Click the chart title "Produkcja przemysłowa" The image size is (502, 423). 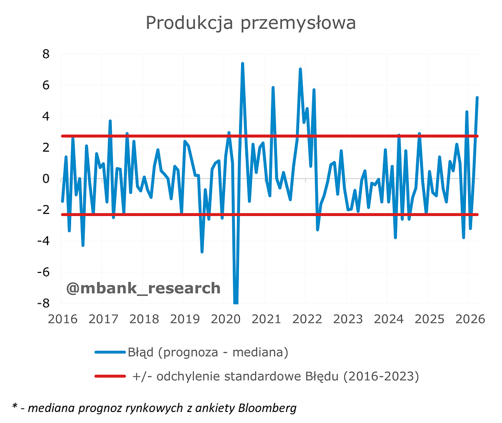[x=250, y=23]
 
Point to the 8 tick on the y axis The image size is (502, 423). [x=46, y=54]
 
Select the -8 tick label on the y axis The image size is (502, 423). [x=43, y=303]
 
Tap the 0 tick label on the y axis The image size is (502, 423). [x=46, y=179]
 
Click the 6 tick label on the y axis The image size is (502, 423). [x=46, y=85]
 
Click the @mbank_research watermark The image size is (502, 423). [x=143, y=288]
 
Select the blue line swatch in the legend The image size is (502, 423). [x=110, y=352]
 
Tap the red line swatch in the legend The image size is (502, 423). [x=110, y=376]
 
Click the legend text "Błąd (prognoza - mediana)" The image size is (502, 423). [x=208, y=352]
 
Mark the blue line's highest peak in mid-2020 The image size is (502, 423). [x=243, y=64]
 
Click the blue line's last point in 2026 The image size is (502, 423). [x=477, y=98]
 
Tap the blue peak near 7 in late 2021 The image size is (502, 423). [x=300, y=69]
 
